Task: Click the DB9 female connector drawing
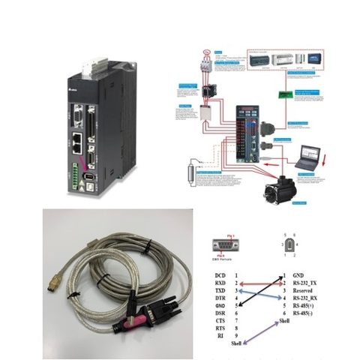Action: [223, 244]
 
